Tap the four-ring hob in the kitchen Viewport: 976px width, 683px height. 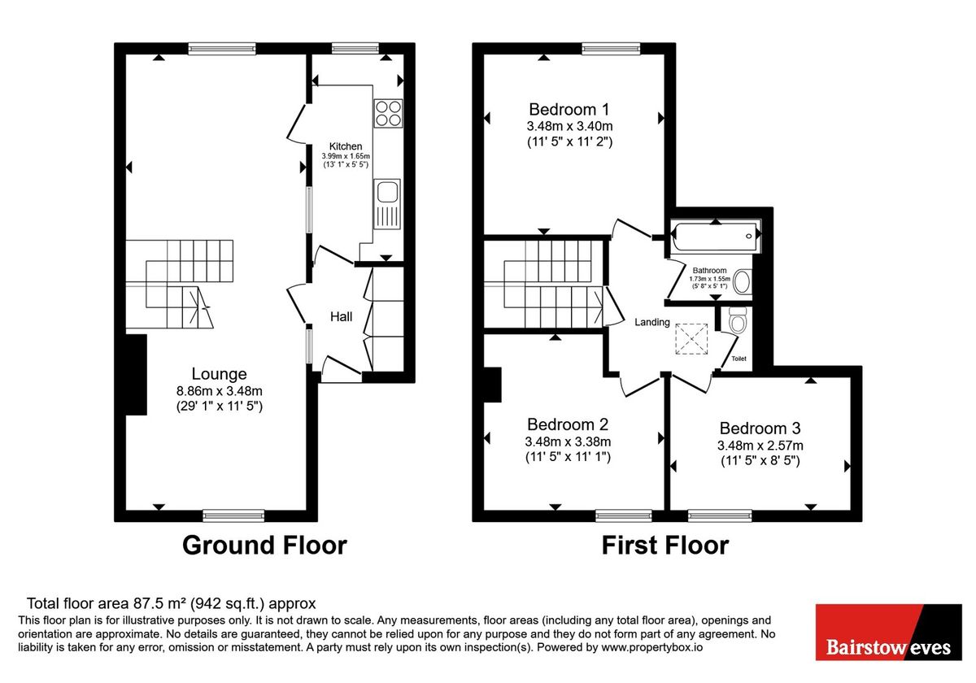click(x=388, y=113)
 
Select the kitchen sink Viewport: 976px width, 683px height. click(x=387, y=193)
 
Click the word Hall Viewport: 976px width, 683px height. click(x=342, y=316)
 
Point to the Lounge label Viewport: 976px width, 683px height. click(x=219, y=374)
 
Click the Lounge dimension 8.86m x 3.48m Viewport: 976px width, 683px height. click(x=219, y=390)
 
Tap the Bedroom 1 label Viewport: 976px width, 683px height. click(x=569, y=109)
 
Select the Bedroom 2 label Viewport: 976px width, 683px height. click(x=568, y=424)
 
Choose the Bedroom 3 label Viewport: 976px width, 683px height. click(x=760, y=429)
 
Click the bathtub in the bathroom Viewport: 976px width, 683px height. click(x=714, y=237)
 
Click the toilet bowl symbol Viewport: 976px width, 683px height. click(x=738, y=322)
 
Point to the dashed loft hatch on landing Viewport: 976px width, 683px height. click(x=692, y=339)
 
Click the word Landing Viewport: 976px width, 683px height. click(x=652, y=323)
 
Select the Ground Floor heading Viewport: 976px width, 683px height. click(x=264, y=545)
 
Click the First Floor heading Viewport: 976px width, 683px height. click(x=664, y=545)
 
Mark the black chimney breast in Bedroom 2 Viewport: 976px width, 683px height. click(x=492, y=385)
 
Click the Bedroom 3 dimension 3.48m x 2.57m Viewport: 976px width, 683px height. click(x=760, y=446)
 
